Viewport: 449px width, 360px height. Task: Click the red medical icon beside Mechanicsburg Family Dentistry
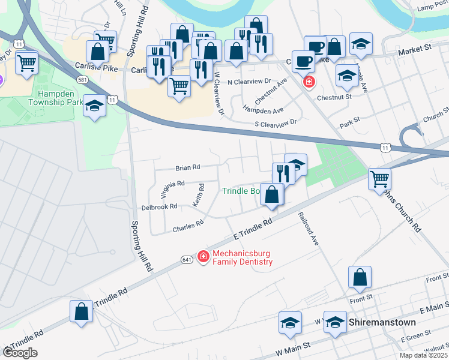point(203,257)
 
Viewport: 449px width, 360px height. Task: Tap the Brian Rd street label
point(187,168)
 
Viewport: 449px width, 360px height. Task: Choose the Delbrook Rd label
point(158,206)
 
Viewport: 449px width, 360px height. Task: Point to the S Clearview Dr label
point(276,122)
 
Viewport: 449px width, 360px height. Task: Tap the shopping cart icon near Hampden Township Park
point(26,62)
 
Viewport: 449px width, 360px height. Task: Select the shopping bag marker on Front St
point(360,278)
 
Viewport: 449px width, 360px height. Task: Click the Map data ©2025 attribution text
point(424,355)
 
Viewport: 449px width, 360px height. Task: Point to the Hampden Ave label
point(263,111)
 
